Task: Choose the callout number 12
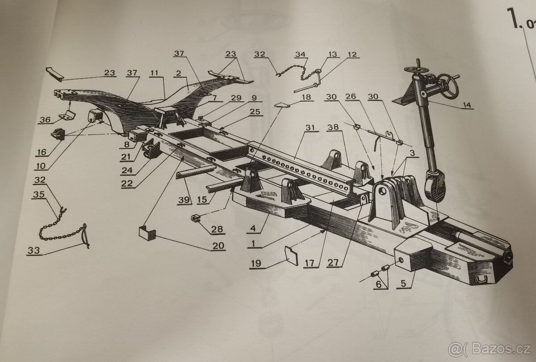pos(352,54)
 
